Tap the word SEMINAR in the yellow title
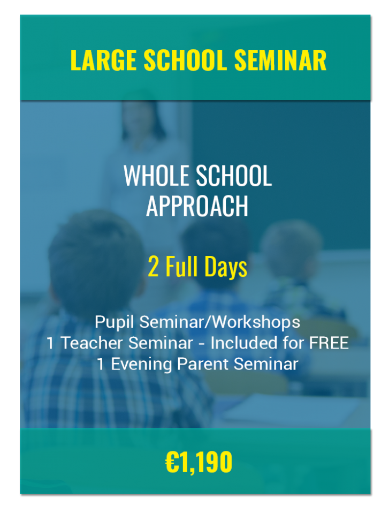point(280,60)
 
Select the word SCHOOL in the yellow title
point(185,60)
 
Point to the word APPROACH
point(197,206)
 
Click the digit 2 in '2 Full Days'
point(153,267)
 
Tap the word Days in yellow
point(226,267)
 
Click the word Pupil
point(115,322)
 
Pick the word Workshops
point(256,322)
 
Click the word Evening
point(141,365)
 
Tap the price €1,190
point(199,462)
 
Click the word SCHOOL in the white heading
point(234,176)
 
